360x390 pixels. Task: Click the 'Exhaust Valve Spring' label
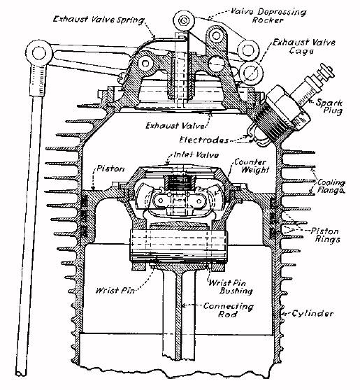[99, 20]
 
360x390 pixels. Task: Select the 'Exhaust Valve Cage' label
[304, 47]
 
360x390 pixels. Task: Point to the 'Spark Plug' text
[329, 106]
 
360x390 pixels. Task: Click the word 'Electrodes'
[203, 140]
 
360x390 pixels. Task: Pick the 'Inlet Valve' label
[196, 155]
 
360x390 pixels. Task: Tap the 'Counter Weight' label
[252, 166]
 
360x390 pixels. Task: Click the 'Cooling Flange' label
[331, 187]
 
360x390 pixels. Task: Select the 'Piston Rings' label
[326, 236]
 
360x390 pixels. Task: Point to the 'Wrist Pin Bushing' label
[231, 287]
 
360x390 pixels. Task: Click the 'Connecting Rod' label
[228, 310]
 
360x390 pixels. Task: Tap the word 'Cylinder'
[312, 313]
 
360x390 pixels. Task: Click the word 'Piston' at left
[110, 169]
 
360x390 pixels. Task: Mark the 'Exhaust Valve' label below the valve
[175, 125]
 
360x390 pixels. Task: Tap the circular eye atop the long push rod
[39, 53]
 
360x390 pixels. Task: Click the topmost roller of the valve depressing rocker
[184, 21]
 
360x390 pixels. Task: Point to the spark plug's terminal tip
[328, 72]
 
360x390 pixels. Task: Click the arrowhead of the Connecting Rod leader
[183, 305]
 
